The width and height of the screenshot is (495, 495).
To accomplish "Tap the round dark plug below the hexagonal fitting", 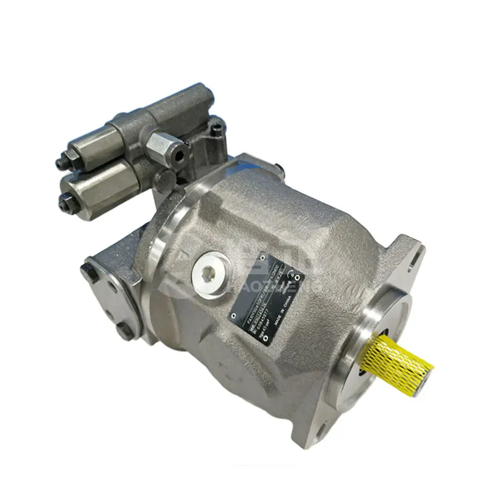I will tap(166, 179).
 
